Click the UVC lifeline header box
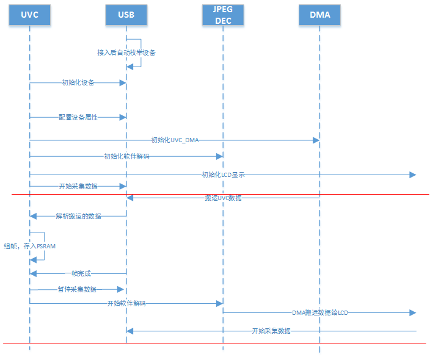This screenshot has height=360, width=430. (29, 15)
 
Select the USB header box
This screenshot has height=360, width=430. (126, 15)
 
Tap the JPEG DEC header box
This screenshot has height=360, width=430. (222, 15)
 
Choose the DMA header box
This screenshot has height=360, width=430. (319, 15)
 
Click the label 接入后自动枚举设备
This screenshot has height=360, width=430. (126, 52)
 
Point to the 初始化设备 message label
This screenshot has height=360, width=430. (78, 82)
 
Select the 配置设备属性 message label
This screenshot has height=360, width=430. (78, 117)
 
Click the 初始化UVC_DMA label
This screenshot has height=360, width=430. (175, 140)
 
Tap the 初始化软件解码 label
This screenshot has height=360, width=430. (126, 156)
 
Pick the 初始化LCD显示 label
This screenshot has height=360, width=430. (224, 175)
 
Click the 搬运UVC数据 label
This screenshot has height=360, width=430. (223, 198)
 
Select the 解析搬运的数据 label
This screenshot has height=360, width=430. (78, 216)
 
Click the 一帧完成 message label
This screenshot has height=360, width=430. (78, 274)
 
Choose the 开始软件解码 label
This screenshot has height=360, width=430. (126, 303)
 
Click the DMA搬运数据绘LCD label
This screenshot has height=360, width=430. (320, 312)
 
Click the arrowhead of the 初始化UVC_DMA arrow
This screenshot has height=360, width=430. (316, 140)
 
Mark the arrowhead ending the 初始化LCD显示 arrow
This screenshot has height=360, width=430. (413, 175)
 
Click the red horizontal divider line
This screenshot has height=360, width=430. (366, 195)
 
